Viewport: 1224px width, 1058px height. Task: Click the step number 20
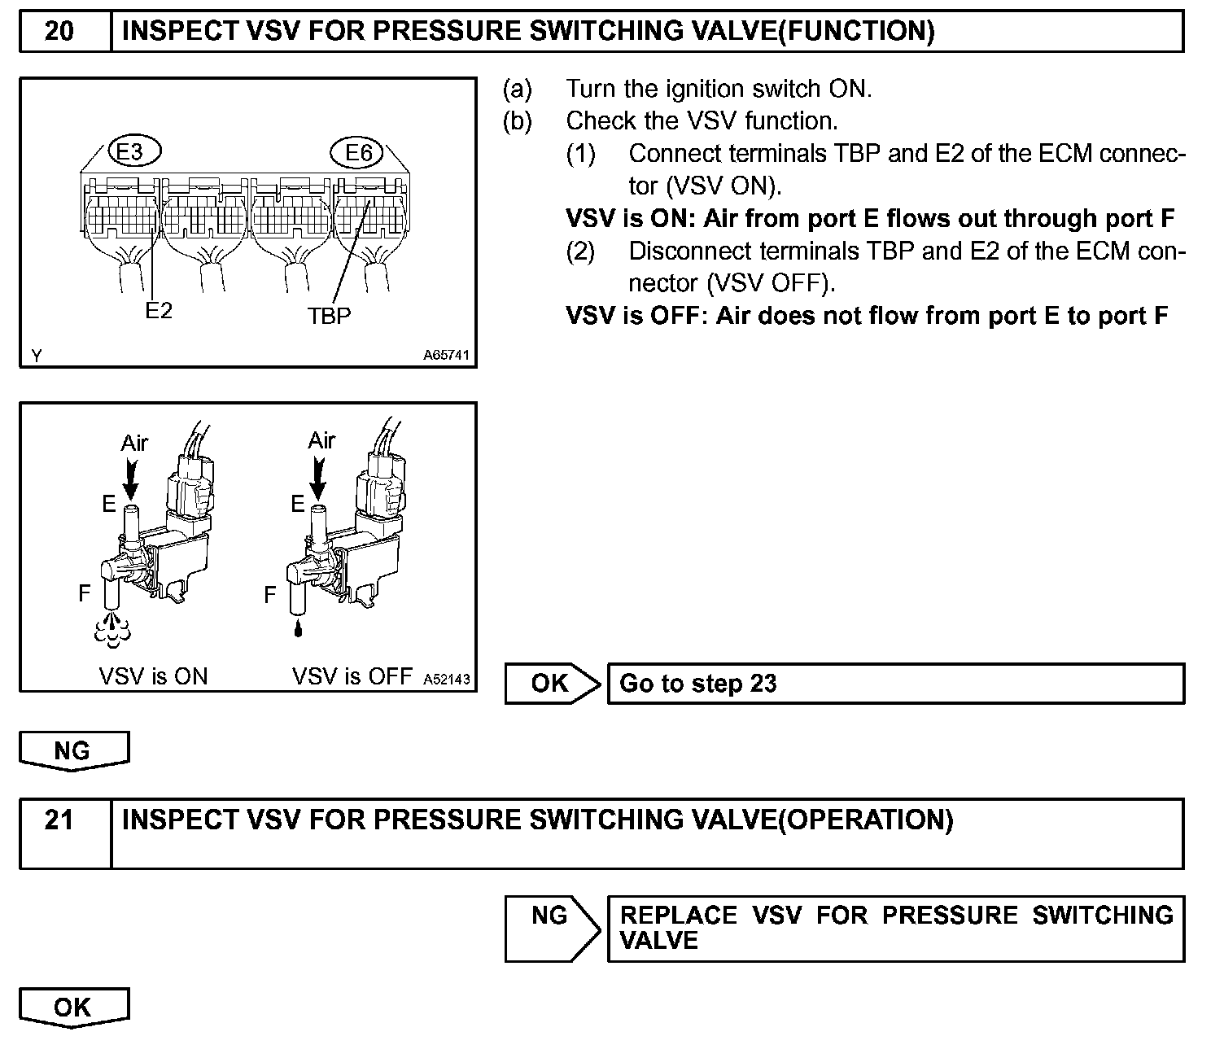click(59, 32)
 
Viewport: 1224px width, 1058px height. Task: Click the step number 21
click(59, 820)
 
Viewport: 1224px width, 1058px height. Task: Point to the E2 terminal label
click(159, 311)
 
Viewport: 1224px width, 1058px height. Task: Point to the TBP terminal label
click(330, 316)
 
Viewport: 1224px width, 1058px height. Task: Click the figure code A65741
click(446, 356)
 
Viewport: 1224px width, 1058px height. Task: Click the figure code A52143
click(447, 680)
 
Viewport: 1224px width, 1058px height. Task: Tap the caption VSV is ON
click(153, 676)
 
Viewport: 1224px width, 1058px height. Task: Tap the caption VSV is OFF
click(352, 676)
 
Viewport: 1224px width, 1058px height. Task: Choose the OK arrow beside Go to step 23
click(552, 684)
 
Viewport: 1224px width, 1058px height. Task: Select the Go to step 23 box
click(895, 684)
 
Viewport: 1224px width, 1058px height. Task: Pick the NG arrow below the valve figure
click(73, 750)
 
